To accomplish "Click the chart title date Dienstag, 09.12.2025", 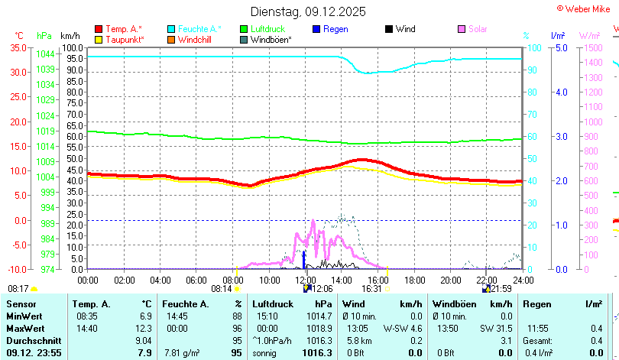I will coord(309,11).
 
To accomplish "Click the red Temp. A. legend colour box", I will coord(98,29).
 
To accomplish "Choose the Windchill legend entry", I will coord(195,39).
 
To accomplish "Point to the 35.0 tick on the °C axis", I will coord(18,47).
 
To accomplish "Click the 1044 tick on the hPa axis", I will coord(45,54).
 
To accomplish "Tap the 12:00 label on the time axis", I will coord(305,279).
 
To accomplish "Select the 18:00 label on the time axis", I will coord(414,279).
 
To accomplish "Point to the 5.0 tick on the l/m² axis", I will coord(560,47).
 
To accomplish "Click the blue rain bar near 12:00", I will coord(304,259).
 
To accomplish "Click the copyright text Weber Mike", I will coord(589,8).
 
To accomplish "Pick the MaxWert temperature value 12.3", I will coord(144,328).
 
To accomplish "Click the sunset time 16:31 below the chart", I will coord(371,289).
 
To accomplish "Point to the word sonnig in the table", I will coord(267,352).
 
